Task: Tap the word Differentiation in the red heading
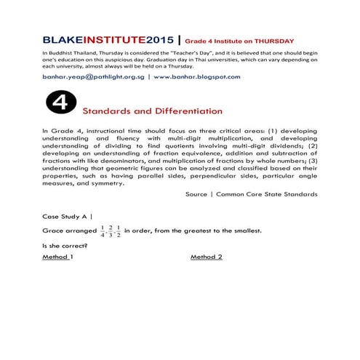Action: click(x=182, y=111)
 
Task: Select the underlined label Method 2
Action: click(x=206, y=257)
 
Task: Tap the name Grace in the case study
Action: click(x=54, y=231)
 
